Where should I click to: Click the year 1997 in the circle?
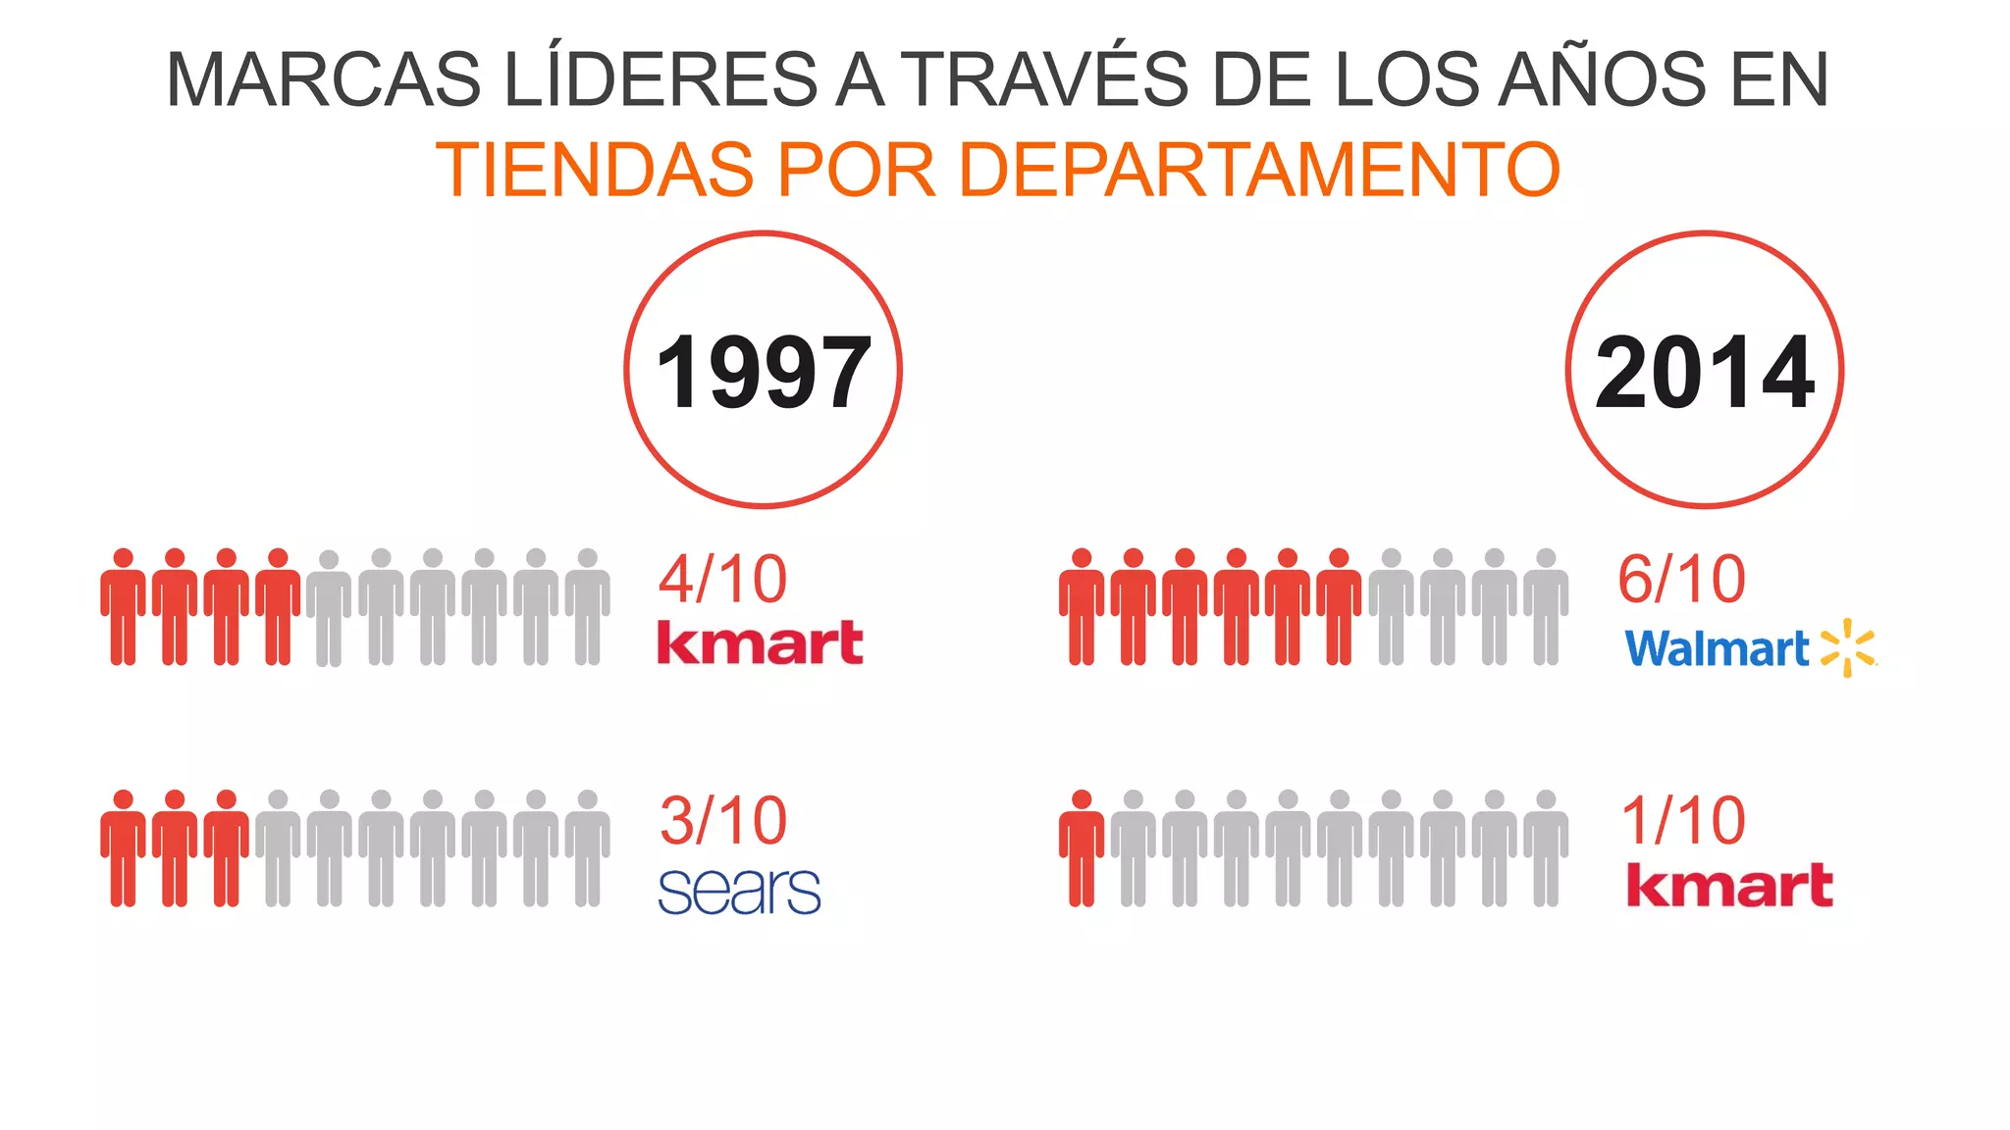[x=763, y=373]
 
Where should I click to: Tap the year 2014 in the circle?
[x=1705, y=373]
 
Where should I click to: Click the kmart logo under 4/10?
[x=760, y=642]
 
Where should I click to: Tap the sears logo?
[x=739, y=891]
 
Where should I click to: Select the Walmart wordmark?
[x=1717, y=649]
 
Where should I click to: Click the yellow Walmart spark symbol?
[x=1847, y=647]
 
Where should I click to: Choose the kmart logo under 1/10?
[x=1729, y=885]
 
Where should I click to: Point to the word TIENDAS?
[x=596, y=169]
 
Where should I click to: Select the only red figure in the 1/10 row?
[x=1082, y=847]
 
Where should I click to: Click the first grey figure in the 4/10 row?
[x=329, y=608]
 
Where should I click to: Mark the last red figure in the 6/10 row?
[x=1339, y=606]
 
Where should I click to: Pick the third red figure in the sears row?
[x=226, y=847]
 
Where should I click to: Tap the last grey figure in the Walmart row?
[x=1546, y=606]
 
